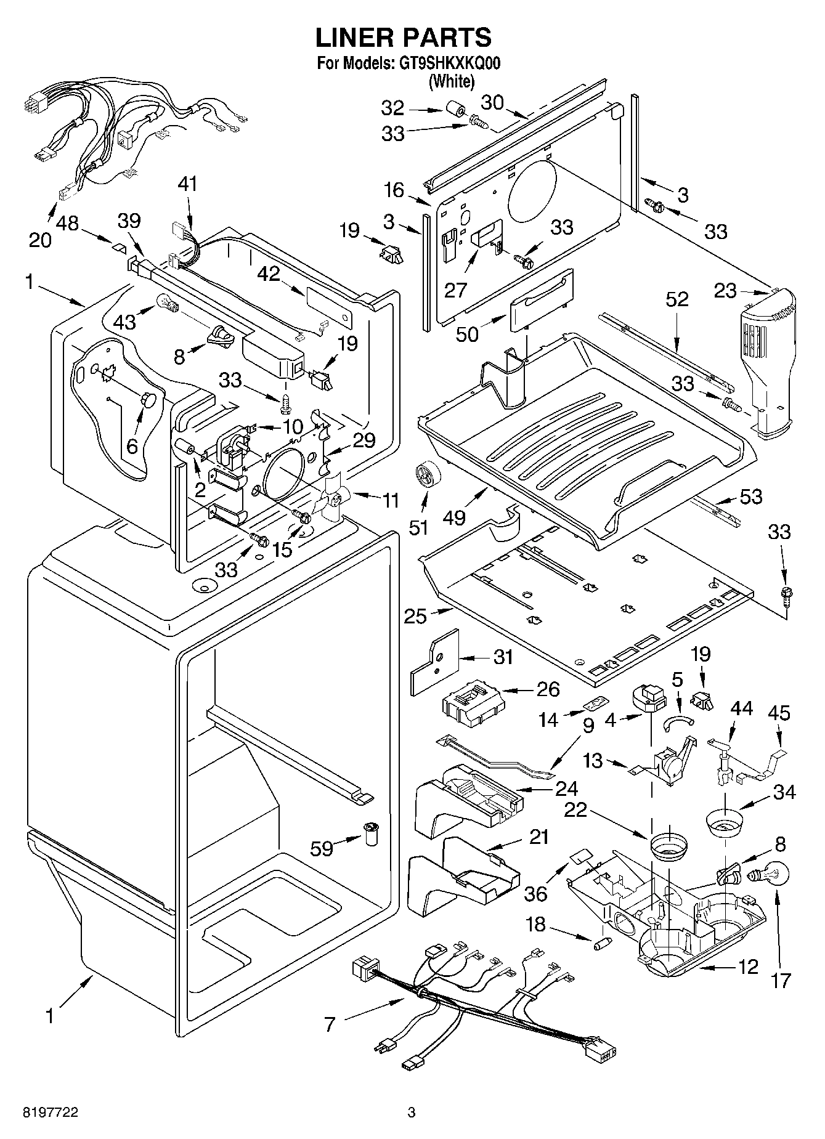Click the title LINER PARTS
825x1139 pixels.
[404, 38]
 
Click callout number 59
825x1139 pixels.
[321, 848]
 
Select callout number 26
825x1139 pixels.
[548, 689]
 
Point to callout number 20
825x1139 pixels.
[40, 240]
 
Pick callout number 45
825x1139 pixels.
[779, 713]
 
